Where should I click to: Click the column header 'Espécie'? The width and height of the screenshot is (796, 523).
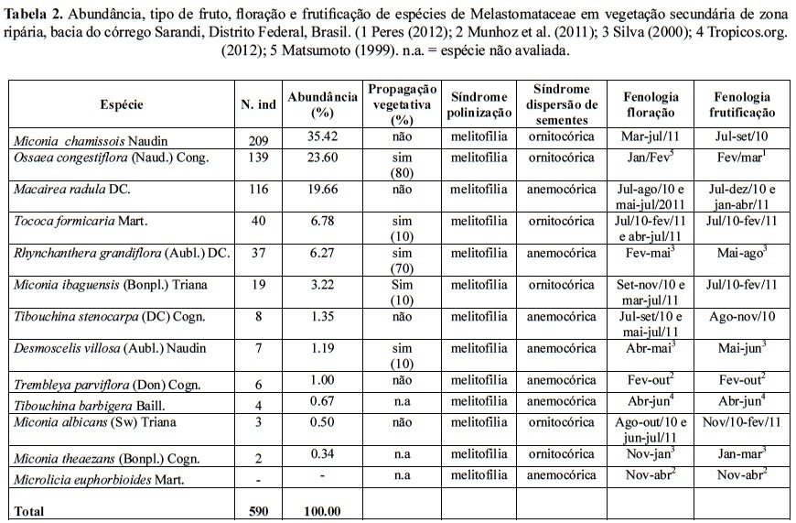click(121, 104)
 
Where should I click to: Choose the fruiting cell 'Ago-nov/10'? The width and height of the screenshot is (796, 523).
click(741, 316)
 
